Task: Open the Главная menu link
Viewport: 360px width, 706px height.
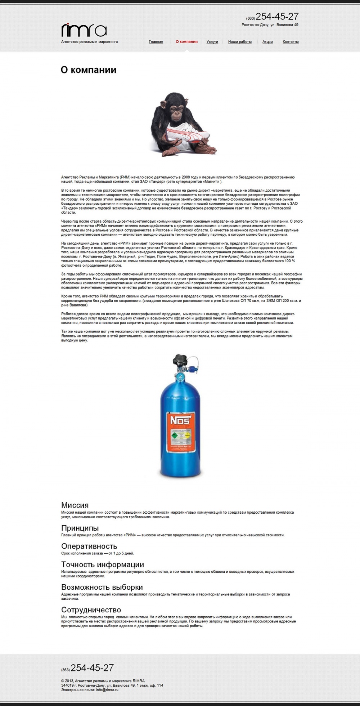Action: point(156,42)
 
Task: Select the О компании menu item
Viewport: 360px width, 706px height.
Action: point(186,41)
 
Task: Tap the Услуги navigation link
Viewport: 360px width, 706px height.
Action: point(212,42)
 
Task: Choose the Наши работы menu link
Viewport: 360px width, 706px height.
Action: point(240,42)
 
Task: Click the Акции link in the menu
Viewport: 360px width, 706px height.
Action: point(267,42)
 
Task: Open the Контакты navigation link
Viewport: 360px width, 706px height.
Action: point(291,42)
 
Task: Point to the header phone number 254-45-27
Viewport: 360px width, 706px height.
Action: point(277,17)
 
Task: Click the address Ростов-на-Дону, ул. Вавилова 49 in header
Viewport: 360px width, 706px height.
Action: point(270,25)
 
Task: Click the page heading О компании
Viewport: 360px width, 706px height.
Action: point(89,70)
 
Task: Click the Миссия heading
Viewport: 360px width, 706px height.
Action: point(75,505)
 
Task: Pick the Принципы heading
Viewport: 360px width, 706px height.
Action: point(80,528)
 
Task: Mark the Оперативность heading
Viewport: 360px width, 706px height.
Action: point(89,546)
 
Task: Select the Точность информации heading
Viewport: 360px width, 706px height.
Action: point(102,564)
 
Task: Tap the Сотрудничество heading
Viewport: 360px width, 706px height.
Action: point(91,610)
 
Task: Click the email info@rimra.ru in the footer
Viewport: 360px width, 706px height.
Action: point(107,690)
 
